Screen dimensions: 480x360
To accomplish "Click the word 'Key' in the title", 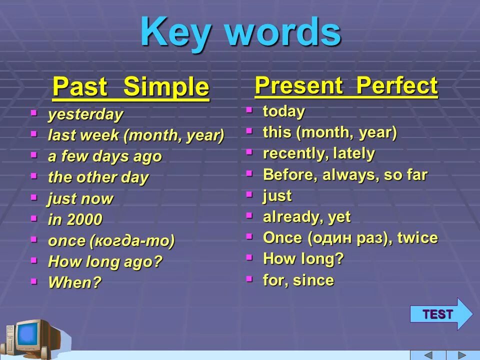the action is click(175, 32).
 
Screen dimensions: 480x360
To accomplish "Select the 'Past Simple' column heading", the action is click(130, 87).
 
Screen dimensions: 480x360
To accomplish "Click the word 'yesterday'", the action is click(85, 115).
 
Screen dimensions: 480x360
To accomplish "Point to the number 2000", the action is click(84, 219).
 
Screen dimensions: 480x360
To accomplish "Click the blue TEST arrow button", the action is click(441, 314).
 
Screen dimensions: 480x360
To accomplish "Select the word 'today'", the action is click(284, 111).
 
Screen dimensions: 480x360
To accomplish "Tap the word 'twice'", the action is click(417, 238).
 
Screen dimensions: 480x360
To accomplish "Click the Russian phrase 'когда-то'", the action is click(132, 240).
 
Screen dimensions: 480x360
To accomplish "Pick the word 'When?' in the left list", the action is click(74, 282).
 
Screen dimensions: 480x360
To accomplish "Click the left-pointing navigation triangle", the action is click(428, 355).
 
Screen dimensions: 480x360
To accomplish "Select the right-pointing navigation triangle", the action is click(461, 355).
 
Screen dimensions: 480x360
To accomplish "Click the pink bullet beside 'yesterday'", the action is click(34, 113).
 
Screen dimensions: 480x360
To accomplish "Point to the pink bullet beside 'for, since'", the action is click(249, 278).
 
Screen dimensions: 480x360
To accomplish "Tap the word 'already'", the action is click(291, 217).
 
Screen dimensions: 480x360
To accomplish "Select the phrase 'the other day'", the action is click(98, 177).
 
